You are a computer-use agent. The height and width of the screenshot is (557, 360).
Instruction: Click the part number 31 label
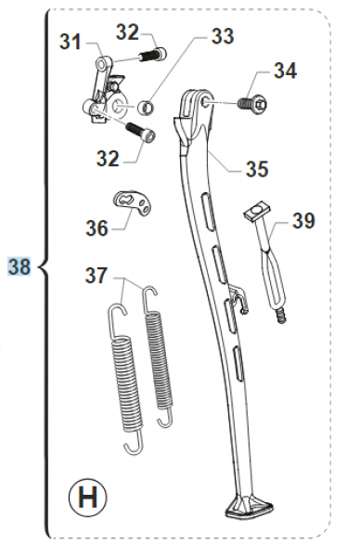tap(70, 42)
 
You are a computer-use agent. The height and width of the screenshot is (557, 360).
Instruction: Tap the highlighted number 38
tap(19, 266)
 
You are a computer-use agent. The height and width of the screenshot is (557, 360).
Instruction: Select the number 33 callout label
tap(223, 36)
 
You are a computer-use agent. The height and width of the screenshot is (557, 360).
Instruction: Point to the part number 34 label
tap(285, 71)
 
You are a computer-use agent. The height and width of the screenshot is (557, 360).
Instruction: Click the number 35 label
tap(257, 169)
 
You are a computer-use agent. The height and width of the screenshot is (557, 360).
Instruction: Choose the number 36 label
tap(96, 227)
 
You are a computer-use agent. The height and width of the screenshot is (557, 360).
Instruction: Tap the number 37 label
tap(96, 276)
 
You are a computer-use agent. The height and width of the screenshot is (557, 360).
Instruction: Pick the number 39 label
tap(303, 221)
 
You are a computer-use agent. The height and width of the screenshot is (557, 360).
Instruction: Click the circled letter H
tap(88, 498)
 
